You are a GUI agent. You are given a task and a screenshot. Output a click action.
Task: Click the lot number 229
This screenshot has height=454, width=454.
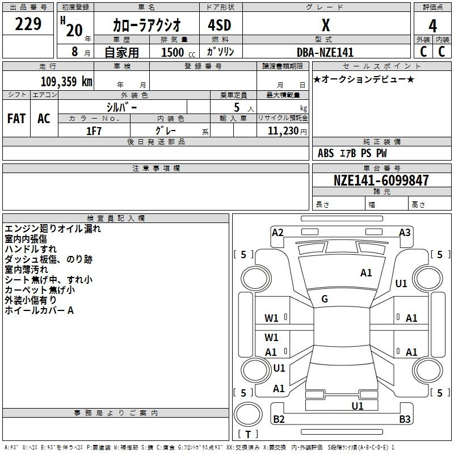[28, 24]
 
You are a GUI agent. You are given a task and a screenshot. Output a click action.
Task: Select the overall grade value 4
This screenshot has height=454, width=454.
[432, 26]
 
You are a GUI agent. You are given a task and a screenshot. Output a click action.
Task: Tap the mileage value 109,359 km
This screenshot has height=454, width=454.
[66, 82]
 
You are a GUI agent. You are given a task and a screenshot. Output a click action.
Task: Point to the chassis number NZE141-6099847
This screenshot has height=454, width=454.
[381, 180]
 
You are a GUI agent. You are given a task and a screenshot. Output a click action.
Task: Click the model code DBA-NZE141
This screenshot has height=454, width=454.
[325, 52]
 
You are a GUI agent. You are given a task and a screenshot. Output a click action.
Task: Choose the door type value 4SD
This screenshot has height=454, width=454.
[220, 25]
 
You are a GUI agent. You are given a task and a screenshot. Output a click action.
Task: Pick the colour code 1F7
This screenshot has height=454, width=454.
[94, 131]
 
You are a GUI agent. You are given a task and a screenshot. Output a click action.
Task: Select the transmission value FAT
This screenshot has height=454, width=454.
[16, 119]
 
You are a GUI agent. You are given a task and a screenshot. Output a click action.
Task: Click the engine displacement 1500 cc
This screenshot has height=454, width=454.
[178, 52]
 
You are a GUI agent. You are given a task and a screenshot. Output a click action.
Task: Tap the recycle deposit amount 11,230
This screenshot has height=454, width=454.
[283, 131]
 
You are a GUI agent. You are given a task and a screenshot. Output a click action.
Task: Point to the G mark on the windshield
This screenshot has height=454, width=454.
[325, 299]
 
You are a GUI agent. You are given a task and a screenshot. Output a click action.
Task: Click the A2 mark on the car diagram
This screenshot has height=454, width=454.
[278, 233]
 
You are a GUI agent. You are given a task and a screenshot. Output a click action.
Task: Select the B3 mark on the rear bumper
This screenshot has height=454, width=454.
[405, 419]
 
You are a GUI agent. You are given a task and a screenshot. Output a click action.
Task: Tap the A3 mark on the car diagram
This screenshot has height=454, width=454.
[405, 233]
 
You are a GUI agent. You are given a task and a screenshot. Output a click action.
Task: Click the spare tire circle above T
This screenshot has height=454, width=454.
[248, 414]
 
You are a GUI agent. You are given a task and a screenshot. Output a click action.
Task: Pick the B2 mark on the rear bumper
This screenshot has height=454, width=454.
[279, 419]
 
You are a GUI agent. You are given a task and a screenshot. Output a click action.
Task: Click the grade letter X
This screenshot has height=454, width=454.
[326, 25]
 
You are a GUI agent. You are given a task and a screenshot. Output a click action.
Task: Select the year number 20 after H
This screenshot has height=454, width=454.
[74, 31]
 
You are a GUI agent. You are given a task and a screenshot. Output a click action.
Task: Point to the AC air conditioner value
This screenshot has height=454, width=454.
[44, 119]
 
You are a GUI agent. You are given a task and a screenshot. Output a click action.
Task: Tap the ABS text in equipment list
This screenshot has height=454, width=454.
[326, 153]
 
